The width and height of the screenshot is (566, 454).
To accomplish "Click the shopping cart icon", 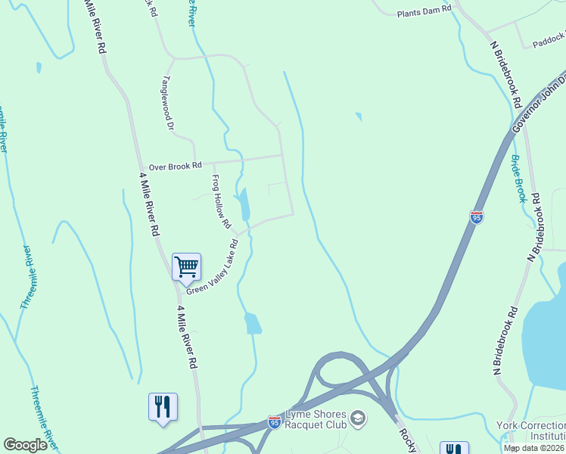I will pyautogui.click(x=186, y=266).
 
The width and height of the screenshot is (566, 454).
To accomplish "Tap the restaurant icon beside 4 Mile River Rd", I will pyautogui.click(x=163, y=407).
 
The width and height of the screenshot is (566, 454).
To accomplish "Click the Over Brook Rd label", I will pyautogui.click(x=176, y=165).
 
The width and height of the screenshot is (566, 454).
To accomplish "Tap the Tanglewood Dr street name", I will pyautogui.click(x=168, y=104).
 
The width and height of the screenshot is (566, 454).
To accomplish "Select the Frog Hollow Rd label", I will pyautogui.click(x=220, y=201).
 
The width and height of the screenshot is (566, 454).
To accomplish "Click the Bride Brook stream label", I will pyautogui.click(x=518, y=179).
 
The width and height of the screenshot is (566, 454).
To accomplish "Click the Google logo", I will pyautogui.click(x=25, y=445).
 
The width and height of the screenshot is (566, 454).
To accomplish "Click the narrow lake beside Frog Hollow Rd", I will pyautogui.click(x=242, y=202).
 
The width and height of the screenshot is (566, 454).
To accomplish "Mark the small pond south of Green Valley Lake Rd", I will pyautogui.click(x=253, y=323).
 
